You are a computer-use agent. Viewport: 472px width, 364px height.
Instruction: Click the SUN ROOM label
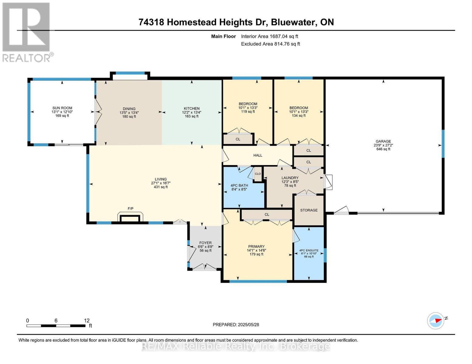62,108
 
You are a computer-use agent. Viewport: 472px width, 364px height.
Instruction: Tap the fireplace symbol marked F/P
130,218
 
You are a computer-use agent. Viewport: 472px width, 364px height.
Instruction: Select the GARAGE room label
383,141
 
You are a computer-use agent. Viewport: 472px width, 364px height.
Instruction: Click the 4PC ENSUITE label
309,251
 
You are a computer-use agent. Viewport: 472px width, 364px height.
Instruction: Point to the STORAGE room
309,210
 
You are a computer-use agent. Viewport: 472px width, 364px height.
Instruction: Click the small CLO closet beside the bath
258,174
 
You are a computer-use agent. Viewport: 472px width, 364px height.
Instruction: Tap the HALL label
258,155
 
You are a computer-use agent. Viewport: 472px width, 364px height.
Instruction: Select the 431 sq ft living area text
161,187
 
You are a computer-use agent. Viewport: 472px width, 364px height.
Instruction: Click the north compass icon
436,321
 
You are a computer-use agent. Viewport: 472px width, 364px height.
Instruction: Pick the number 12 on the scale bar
87,321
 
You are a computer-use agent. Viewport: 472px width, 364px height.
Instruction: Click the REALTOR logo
27,32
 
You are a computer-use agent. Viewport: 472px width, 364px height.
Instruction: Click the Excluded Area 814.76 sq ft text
270,44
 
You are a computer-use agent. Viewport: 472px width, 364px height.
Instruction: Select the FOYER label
205,243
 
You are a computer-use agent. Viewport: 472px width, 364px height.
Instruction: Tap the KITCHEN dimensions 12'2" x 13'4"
191,112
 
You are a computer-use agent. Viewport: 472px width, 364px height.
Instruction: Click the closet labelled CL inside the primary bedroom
267,214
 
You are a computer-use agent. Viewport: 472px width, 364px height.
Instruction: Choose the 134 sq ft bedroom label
298,116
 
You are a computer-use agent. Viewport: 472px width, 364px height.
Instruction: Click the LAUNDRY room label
290,178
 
